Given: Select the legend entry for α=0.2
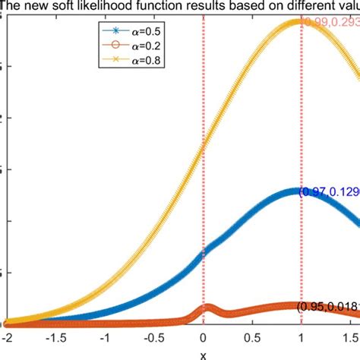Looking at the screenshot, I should [x=133, y=46].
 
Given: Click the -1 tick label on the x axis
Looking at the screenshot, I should [x=104, y=335].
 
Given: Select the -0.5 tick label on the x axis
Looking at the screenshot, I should [x=153, y=335].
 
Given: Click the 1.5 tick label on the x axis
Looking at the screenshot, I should [x=350, y=335].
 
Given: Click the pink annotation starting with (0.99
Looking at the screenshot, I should [x=330, y=23].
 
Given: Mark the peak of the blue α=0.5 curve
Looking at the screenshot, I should [x=298, y=192].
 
